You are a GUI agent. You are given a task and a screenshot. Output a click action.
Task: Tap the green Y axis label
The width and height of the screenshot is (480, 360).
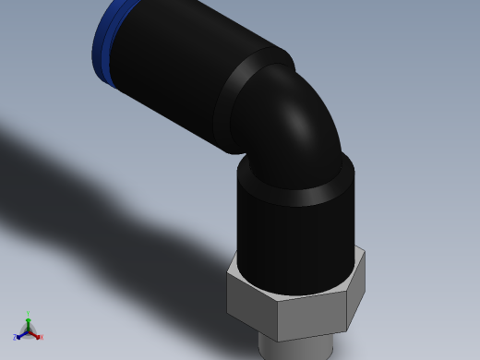[28, 314]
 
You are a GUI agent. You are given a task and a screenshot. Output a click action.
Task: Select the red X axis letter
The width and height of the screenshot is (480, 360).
[42, 338]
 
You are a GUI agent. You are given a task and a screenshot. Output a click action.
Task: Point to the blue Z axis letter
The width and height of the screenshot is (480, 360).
[15, 338]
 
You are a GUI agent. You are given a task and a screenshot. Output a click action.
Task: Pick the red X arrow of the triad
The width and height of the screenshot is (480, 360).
[35, 334]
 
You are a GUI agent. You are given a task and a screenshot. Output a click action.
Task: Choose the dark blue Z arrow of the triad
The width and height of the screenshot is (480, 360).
[20, 334]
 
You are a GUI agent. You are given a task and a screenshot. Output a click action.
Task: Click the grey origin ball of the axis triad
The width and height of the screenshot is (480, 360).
[28, 330]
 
